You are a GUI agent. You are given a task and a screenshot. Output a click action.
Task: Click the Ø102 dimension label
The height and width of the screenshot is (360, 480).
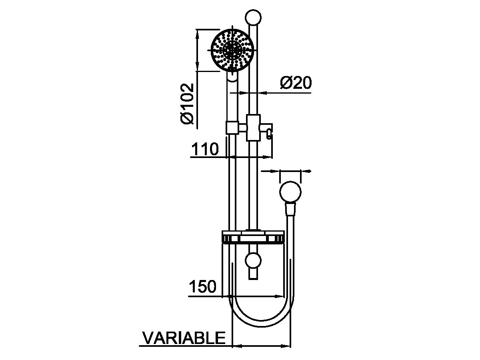pyautogui.click(x=187, y=104)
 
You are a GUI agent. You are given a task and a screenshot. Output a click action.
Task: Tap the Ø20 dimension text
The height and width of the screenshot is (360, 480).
pyautogui.click(x=296, y=83)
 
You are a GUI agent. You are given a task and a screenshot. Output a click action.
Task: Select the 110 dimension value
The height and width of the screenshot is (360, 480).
pyautogui.click(x=205, y=149)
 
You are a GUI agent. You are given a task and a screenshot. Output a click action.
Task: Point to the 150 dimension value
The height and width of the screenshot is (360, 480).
pyautogui.click(x=202, y=286)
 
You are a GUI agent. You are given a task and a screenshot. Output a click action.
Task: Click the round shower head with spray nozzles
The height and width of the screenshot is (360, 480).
pyautogui.click(x=232, y=50)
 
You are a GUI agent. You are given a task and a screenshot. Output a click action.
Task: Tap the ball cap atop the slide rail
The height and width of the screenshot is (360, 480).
pyautogui.click(x=253, y=17)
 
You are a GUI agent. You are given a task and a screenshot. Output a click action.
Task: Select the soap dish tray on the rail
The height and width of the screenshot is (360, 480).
pyautogui.click(x=253, y=236)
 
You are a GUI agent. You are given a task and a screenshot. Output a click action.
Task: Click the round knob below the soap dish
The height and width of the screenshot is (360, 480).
pyautogui.click(x=253, y=260)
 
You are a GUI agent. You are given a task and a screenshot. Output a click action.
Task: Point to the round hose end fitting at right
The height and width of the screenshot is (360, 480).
pyautogui.click(x=290, y=192)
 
